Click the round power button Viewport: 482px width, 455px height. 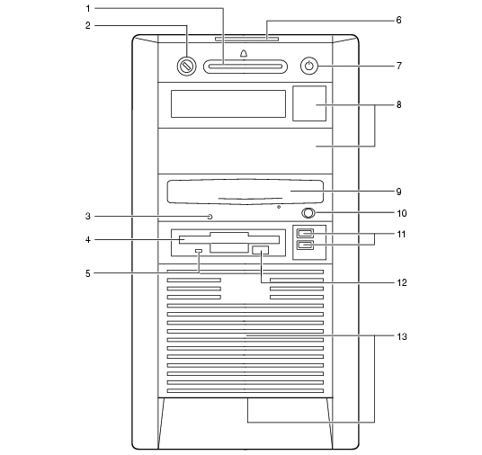(309, 66)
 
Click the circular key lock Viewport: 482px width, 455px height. (186, 66)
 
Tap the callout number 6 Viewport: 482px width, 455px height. (398, 21)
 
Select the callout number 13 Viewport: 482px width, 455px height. (402, 336)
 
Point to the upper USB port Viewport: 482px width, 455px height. (305, 233)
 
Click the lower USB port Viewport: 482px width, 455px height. (305, 245)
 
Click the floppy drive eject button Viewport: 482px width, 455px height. (260, 250)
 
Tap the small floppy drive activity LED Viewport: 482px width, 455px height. (199, 251)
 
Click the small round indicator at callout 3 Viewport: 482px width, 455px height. (210, 217)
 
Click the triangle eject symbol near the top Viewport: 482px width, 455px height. (244, 53)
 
